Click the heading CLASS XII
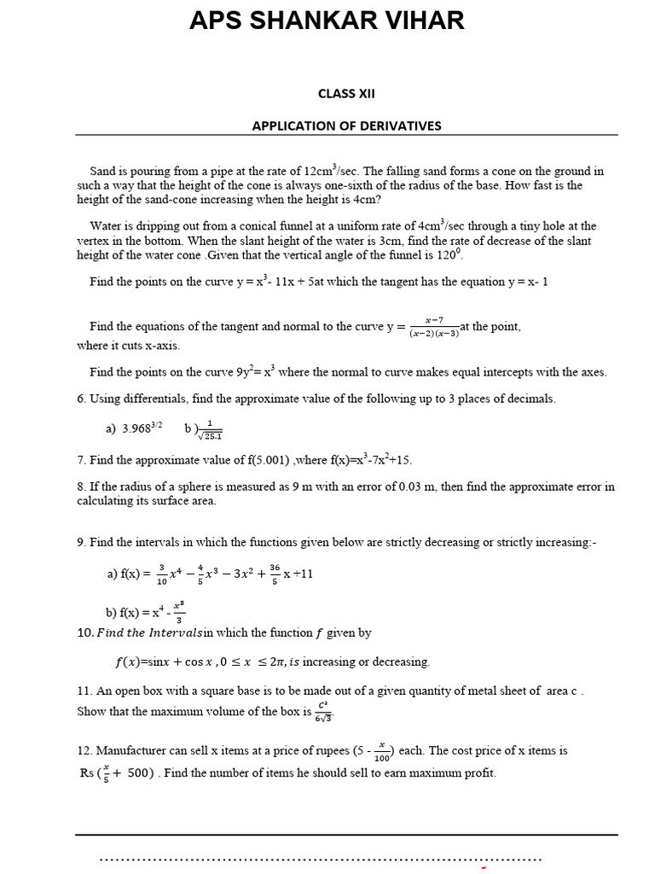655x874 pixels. tap(346, 94)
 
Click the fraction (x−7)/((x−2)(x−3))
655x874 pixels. tap(433, 327)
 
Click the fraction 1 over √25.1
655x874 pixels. tap(209, 429)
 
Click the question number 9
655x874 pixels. tap(80, 542)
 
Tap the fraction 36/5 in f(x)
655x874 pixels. tap(275, 573)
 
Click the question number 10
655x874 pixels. tap(84, 632)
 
